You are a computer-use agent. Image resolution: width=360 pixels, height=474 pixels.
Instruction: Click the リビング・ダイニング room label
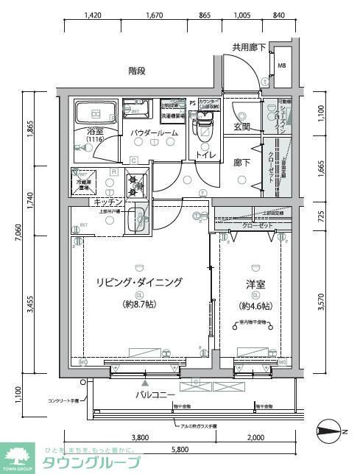(x=138, y=282)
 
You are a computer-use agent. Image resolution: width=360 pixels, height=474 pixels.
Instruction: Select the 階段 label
(x=137, y=71)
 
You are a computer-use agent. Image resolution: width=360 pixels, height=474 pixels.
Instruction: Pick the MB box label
(x=282, y=65)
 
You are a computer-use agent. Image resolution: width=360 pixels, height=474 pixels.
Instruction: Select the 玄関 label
(x=242, y=127)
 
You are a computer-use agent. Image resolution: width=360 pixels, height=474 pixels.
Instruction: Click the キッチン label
(x=107, y=201)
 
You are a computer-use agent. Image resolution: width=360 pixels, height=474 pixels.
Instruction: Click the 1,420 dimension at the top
(x=93, y=15)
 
